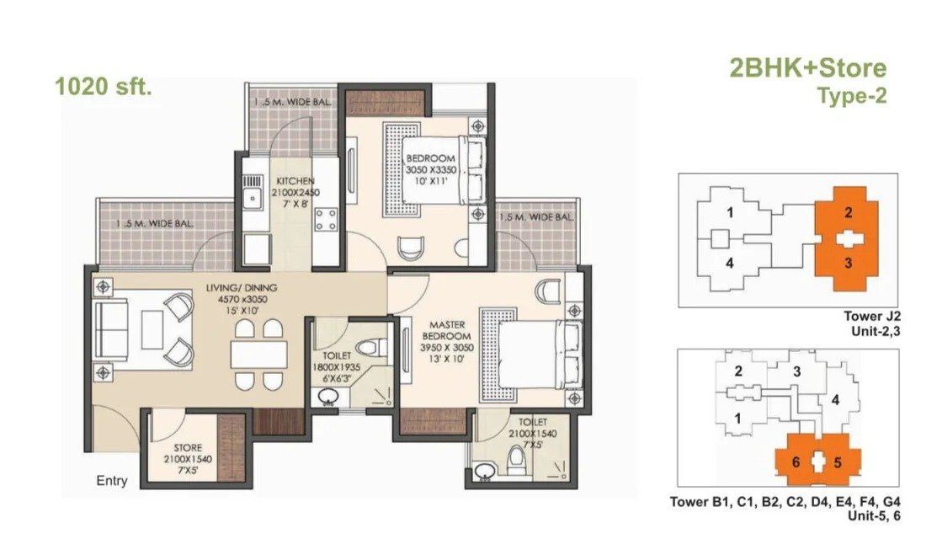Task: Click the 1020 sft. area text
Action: (104, 87)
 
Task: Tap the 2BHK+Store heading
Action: (807, 68)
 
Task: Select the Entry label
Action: (112, 480)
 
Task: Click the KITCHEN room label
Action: (295, 180)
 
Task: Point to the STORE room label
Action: (188, 447)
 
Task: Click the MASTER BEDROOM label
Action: (447, 330)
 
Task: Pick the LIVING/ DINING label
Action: (242, 287)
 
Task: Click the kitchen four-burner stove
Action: (327, 219)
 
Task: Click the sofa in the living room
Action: (111, 329)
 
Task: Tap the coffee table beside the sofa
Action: (152, 329)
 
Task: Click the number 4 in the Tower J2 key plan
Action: (729, 263)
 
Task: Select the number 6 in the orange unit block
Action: (796, 462)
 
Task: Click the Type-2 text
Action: (852, 96)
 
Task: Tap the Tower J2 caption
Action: (872, 316)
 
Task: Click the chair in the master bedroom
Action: (548, 291)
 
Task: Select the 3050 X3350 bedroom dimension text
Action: (431, 170)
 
